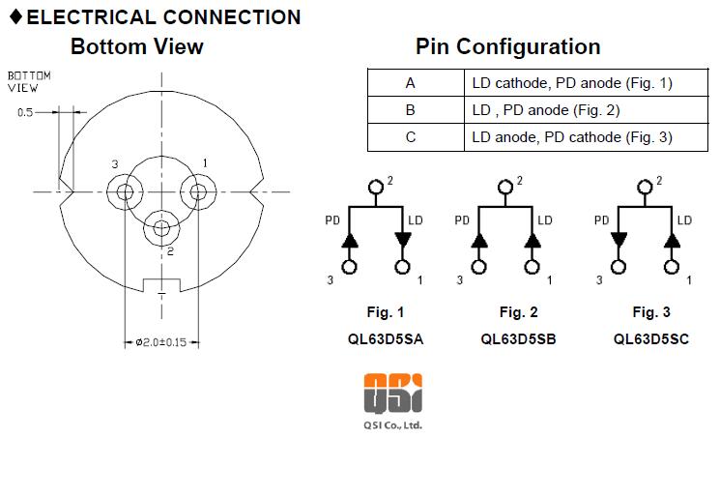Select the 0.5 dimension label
click(x=25, y=112)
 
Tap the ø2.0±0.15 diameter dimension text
click(x=161, y=342)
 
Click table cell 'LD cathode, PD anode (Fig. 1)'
click(x=572, y=83)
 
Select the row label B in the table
click(x=410, y=110)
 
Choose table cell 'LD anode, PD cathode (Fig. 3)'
click(x=572, y=137)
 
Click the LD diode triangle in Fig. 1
click(x=403, y=239)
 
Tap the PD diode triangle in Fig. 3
click(x=619, y=239)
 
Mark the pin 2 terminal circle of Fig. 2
click(x=505, y=187)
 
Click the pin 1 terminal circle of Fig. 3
click(x=672, y=267)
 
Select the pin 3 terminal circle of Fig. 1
click(x=350, y=267)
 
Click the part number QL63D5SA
click(x=386, y=339)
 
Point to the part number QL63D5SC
click(x=651, y=339)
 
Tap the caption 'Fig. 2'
click(x=518, y=312)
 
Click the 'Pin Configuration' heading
click(x=507, y=46)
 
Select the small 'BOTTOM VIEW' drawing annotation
click(x=29, y=82)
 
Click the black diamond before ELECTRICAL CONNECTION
click(x=16, y=16)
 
